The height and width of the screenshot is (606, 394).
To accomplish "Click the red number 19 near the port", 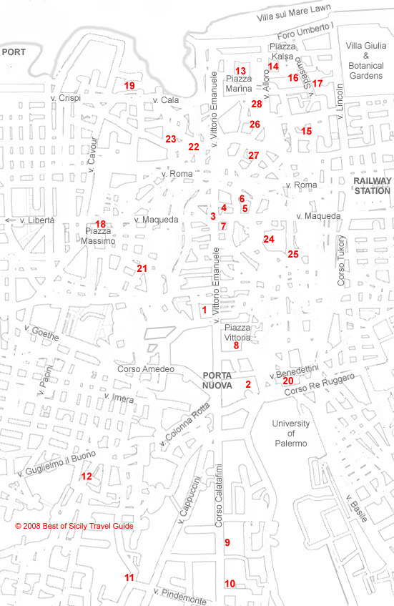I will [129, 86].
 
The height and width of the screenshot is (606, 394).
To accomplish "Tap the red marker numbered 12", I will [87, 476].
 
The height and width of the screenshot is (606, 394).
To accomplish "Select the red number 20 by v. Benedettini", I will [287, 381].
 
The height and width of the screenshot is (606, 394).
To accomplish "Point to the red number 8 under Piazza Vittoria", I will [236, 346].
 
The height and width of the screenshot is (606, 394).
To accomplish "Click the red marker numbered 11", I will [129, 577].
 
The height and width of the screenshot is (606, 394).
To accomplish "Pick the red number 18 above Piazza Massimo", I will [101, 224].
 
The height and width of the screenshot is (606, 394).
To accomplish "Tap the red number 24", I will [269, 239].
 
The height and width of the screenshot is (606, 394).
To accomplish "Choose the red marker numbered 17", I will [317, 84].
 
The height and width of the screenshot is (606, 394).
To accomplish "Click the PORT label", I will [14, 52].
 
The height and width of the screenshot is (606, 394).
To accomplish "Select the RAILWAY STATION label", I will [373, 186].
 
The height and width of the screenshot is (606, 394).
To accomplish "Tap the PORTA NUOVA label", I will [217, 380].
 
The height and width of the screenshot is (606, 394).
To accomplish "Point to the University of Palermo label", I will [290, 434].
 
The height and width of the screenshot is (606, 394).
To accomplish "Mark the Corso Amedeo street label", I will [146, 369].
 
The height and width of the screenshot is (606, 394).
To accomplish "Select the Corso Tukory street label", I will [341, 261].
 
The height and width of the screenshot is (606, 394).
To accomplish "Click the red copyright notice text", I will [74, 526].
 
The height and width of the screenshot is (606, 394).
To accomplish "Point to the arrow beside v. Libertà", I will [9, 220].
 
